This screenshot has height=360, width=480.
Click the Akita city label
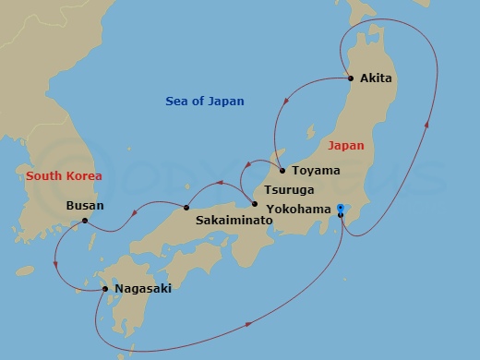coord(377,78)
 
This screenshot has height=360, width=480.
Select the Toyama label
coord(316,171)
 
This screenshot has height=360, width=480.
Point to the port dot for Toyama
coord(282,171)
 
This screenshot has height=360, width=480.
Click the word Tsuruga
coord(290,189)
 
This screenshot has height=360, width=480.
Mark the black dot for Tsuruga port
coord(255,204)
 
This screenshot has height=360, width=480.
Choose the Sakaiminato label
coord(234,222)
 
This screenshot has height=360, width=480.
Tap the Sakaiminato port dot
coord(186,207)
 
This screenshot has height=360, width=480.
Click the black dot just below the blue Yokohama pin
coord(341,216)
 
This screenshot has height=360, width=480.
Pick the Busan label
coord(86,206)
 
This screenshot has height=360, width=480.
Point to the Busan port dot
coord(84,221)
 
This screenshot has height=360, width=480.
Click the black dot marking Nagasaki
coord(106,289)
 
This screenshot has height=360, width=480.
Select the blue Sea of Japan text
coord(205,102)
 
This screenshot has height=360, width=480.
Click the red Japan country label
coord(346,146)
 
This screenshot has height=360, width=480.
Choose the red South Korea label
coord(64,175)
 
